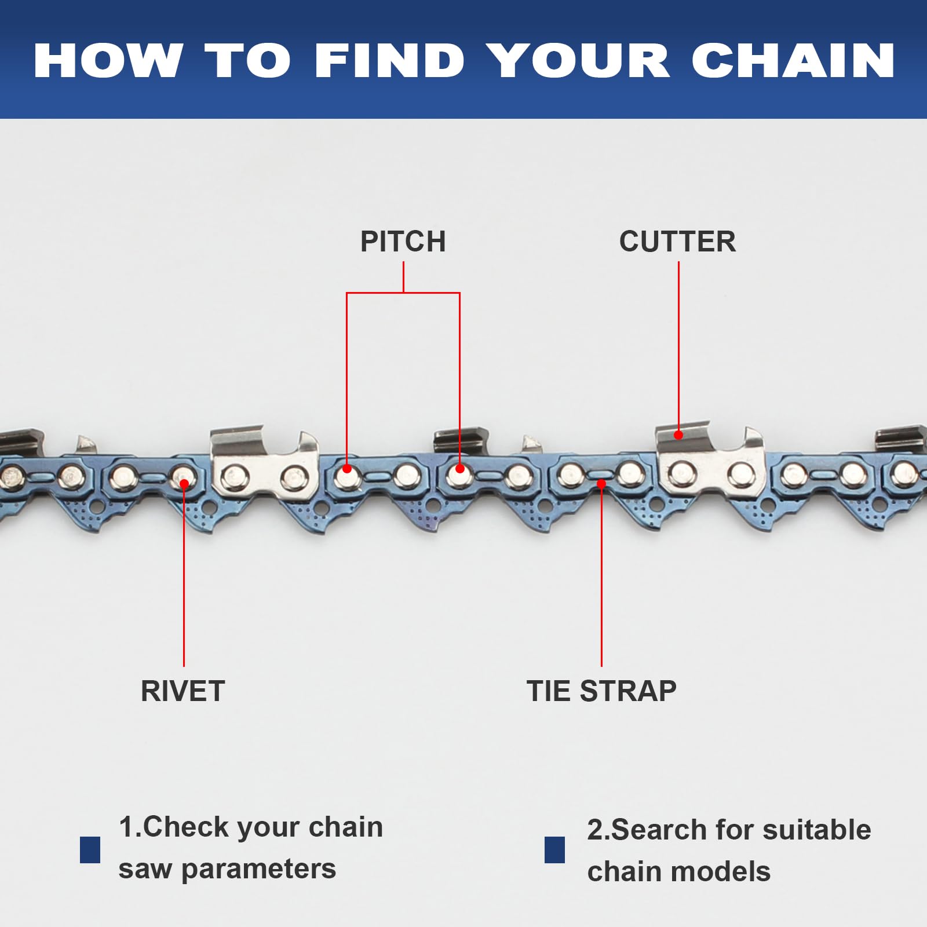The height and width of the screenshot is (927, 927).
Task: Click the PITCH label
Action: coord(403,242)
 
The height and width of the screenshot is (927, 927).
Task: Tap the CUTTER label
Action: coord(677,242)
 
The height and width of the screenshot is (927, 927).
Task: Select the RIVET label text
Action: coord(183,691)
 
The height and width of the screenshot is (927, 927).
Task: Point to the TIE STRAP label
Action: coord(601,691)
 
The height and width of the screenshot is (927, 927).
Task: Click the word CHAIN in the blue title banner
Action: coord(793,60)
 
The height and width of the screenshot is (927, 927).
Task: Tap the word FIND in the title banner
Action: coord(390,60)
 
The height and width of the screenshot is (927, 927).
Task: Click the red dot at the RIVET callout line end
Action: coord(184,483)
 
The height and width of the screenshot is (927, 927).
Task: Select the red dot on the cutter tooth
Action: coord(678,435)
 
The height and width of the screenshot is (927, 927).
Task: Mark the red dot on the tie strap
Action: coord(601,483)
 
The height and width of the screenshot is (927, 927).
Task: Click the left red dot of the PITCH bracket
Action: coord(347,469)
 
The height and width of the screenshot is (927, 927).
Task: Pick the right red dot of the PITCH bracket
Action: coord(459,469)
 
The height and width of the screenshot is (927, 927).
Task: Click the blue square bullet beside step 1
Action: coord(90,850)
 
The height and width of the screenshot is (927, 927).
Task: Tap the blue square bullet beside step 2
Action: coord(554,850)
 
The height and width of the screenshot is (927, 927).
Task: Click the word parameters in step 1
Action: coord(258,869)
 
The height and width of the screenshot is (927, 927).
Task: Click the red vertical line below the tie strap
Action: coord(601,579)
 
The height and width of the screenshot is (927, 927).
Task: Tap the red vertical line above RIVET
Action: coord(184,579)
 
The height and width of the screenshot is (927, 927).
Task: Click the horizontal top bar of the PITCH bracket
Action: coord(403,293)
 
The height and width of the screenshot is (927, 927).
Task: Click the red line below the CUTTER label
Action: coord(678,348)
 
